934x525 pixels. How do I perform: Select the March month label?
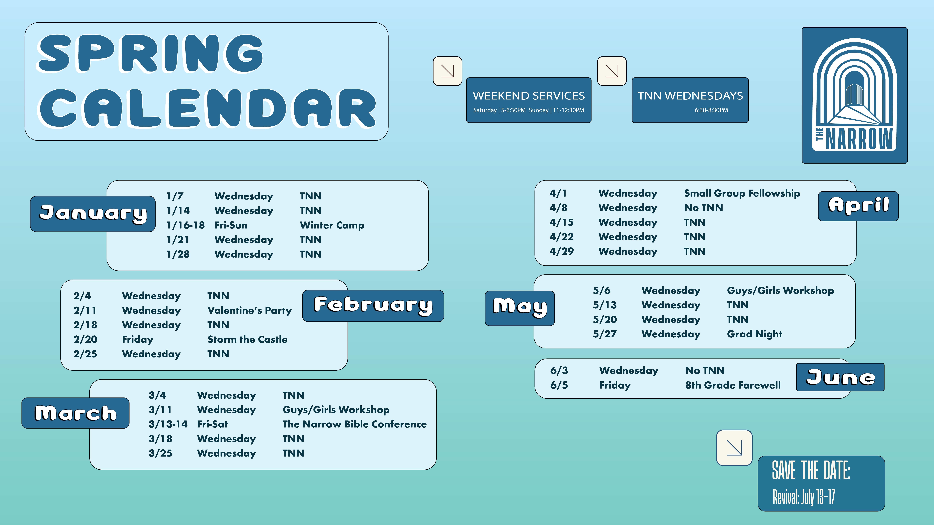(x=75, y=413)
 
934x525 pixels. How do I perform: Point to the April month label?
(x=858, y=206)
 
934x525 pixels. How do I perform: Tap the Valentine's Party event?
(x=249, y=310)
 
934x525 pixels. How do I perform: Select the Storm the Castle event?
(x=247, y=340)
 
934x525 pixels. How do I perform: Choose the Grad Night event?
(x=755, y=334)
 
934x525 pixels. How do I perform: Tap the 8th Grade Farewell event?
(x=733, y=385)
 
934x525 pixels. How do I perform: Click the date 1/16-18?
(x=185, y=225)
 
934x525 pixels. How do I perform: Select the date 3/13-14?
(x=168, y=424)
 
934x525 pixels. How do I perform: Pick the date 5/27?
(x=605, y=334)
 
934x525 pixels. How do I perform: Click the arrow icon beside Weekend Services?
(x=447, y=71)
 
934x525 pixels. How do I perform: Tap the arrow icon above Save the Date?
(x=734, y=448)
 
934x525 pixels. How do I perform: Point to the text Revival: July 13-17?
(x=804, y=497)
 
